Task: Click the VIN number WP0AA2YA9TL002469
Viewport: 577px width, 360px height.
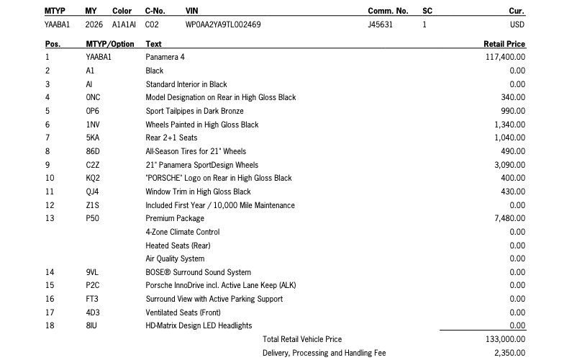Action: pos(223,24)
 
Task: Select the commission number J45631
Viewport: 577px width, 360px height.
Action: pos(380,24)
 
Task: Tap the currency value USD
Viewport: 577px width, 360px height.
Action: pos(517,24)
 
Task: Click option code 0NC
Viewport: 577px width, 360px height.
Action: pos(93,97)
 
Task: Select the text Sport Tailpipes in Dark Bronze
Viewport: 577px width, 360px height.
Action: pos(194,111)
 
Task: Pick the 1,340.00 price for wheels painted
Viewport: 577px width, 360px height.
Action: pos(510,125)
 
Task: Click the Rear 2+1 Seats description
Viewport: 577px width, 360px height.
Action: pos(171,138)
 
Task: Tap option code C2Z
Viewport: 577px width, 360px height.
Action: pos(92,165)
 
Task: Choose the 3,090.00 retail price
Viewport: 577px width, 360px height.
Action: pos(510,165)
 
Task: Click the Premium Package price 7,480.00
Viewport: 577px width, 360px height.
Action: pos(510,218)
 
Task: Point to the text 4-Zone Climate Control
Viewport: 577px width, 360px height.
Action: pos(183,232)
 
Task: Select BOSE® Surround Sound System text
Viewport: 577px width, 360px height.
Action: pos(198,272)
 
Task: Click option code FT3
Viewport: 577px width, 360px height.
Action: pos(91,299)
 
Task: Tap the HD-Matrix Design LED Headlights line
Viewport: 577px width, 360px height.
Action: pos(199,325)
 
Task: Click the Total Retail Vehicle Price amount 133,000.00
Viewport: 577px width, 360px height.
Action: pos(506,339)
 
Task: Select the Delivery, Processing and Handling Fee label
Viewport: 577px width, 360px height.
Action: pos(324,353)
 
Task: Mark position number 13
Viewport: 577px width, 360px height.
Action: pos(49,218)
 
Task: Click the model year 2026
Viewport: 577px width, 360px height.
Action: pos(94,24)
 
